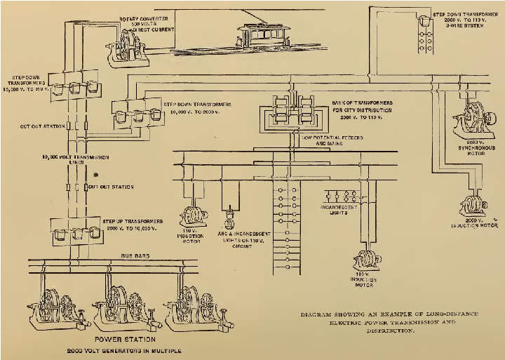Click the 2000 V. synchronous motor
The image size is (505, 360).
pos(471,121)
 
